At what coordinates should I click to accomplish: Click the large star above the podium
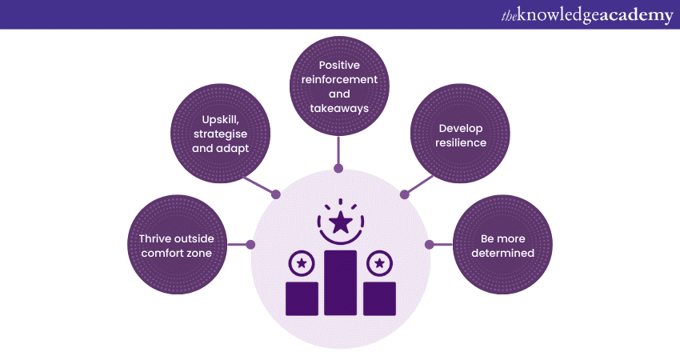pyautogui.click(x=341, y=222)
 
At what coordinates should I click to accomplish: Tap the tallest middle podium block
pyautogui.click(x=341, y=282)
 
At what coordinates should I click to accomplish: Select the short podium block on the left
pyautogui.click(x=302, y=298)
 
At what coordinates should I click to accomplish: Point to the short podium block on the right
pyautogui.click(x=379, y=298)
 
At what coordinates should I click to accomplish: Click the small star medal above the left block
pyautogui.click(x=302, y=262)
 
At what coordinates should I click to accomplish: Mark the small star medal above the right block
pyautogui.click(x=379, y=262)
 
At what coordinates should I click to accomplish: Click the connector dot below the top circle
pyautogui.click(x=338, y=169)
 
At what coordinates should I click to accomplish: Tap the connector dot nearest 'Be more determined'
pyautogui.click(x=429, y=244)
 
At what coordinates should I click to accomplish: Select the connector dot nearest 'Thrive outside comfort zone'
pyautogui.click(x=251, y=244)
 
